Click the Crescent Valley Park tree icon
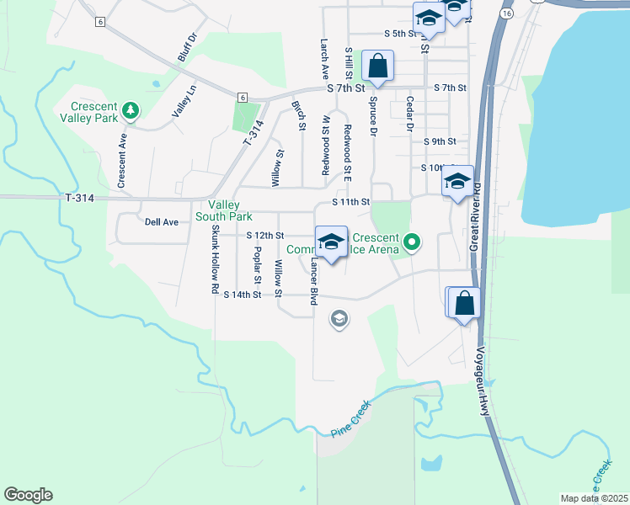pyautogui.click(x=130, y=109)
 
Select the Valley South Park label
pyautogui.click(x=224, y=210)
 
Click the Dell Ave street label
pyautogui.click(x=162, y=222)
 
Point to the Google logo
pyautogui.click(x=28, y=495)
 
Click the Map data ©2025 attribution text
pyautogui.click(x=594, y=498)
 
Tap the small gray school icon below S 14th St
pyautogui.click(x=339, y=319)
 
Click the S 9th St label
pyautogui.click(x=440, y=141)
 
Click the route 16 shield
pyautogui.click(x=505, y=14)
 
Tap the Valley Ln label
pyautogui.click(x=184, y=101)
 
